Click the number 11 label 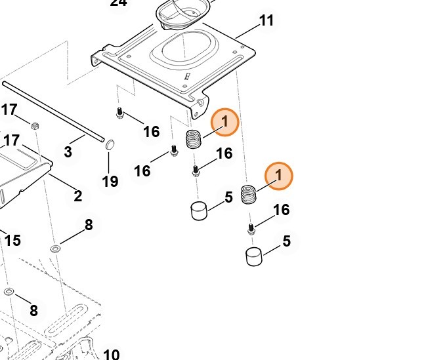[x=266, y=21]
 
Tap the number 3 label [x=68, y=152]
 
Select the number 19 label [x=110, y=181]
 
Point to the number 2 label [x=77, y=195]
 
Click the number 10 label [x=111, y=355]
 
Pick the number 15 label [x=12, y=241]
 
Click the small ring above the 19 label [x=110, y=144]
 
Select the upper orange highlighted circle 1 [x=224, y=122]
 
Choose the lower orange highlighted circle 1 [x=279, y=176]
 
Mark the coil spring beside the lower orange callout [x=248, y=195]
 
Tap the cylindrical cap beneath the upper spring [x=199, y=211]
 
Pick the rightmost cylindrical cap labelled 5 [x=254, y=256]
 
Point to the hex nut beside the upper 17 [x=37, y=125]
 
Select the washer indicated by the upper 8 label [x=56, y=248]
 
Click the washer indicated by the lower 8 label [x=9, y=291]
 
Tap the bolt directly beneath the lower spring [x=251, y=229]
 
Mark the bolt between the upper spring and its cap [x=196, y=172]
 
